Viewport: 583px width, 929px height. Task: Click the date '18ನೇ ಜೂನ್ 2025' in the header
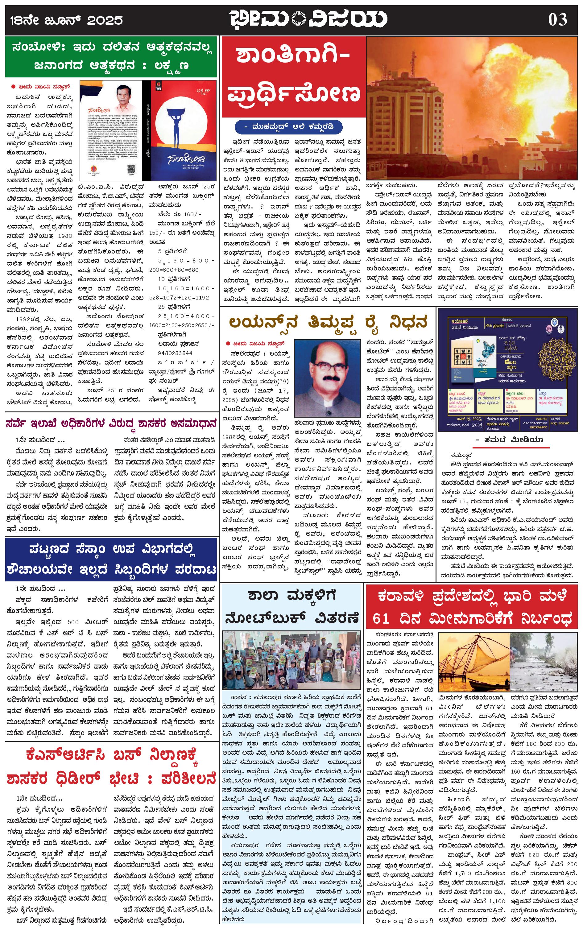click(65, 20)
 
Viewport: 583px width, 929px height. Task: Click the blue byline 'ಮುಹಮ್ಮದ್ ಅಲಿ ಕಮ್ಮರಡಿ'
click(288, 126)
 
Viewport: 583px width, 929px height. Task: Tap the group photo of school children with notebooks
click(291, 662)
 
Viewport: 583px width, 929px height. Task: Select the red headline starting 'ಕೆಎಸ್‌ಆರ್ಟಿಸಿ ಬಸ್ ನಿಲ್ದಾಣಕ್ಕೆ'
click(111, 767)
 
